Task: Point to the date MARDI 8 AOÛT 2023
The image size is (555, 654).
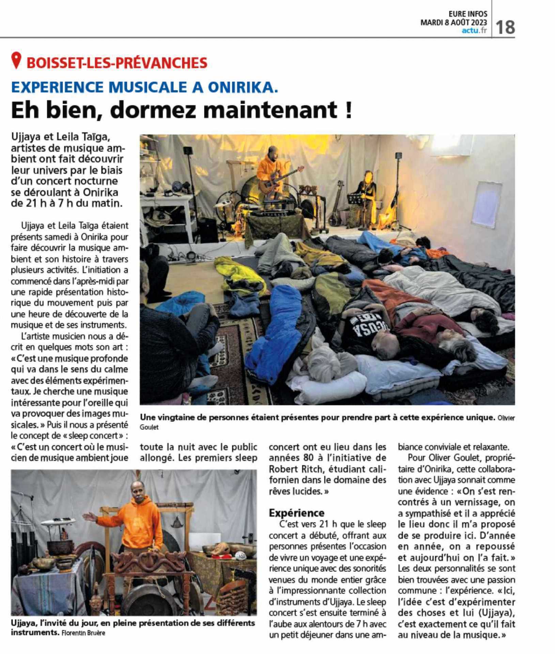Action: [453, 22]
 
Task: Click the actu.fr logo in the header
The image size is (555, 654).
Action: [474, 31]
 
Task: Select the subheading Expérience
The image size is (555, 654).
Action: [296, 513]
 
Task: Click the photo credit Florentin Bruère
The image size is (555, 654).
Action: [84, 633]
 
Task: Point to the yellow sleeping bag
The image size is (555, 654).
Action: [238, 274]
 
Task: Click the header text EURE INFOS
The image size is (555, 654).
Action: [468, 14]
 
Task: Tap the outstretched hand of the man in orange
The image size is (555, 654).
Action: [87, 516]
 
